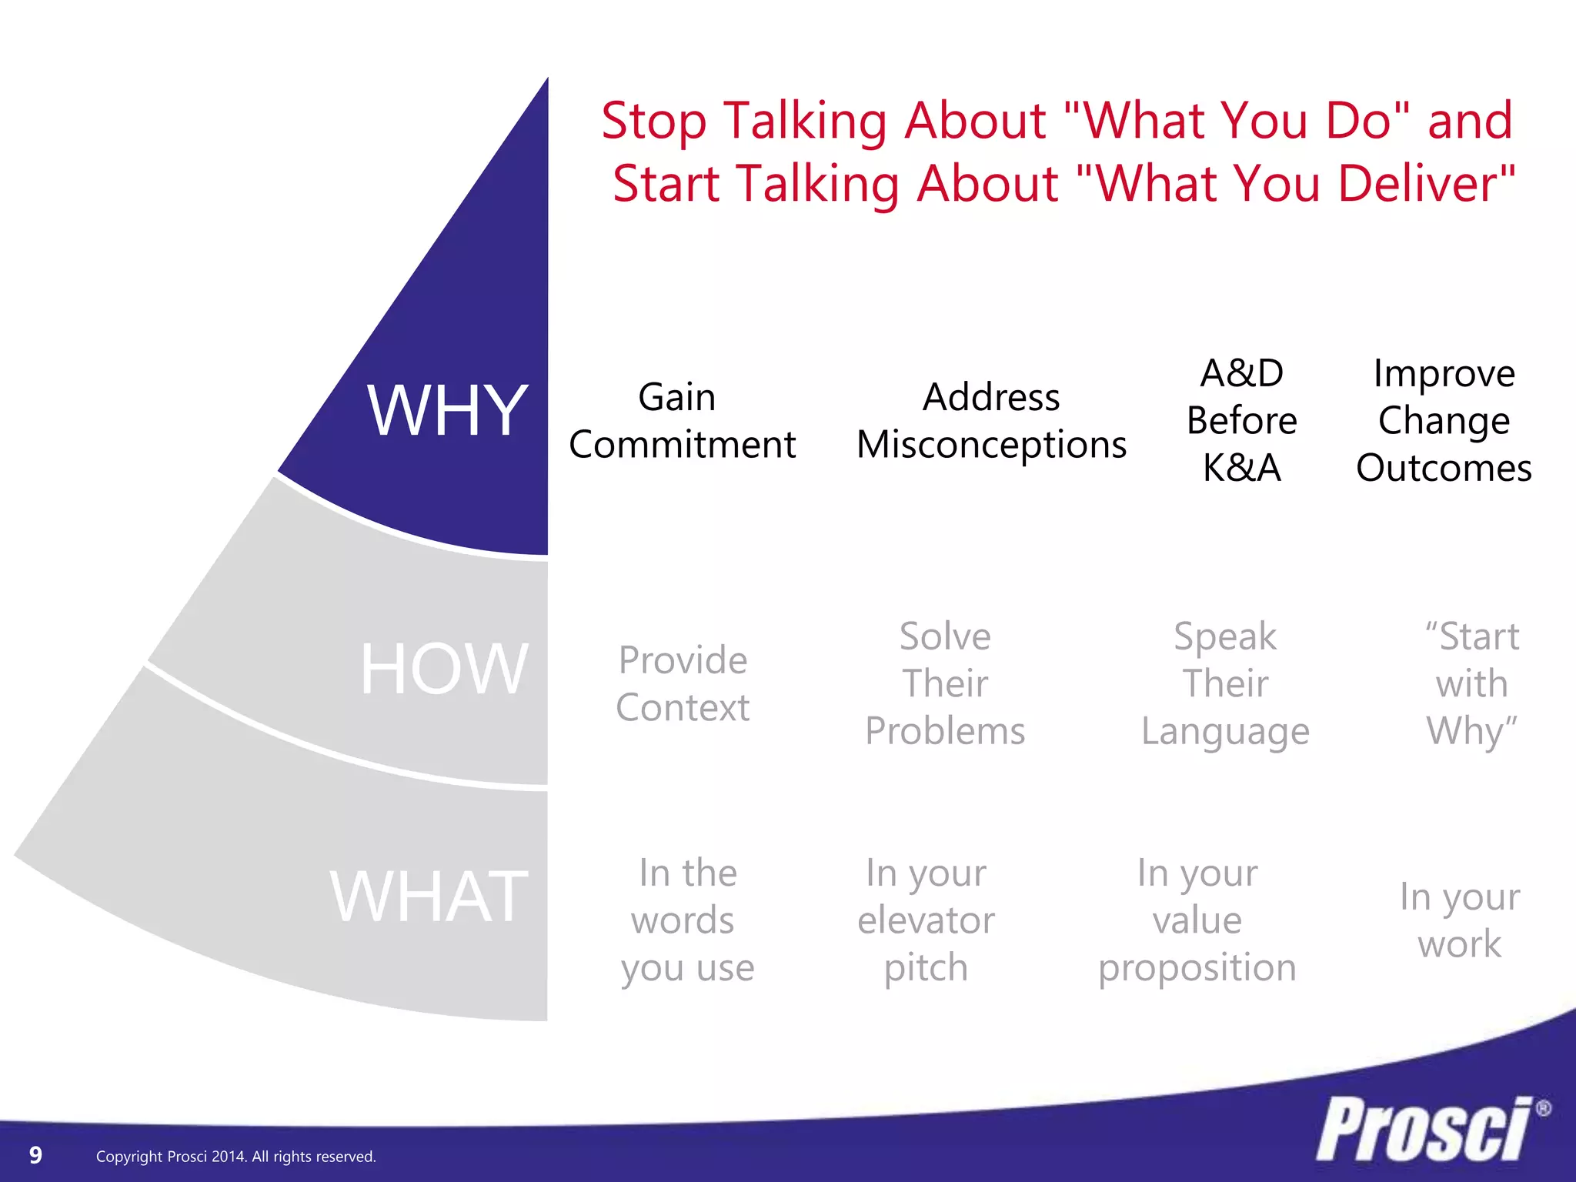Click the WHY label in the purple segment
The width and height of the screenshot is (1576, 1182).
pyautogui.click(x=447, y=411)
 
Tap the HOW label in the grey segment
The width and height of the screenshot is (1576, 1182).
pyautogui.click(x=444, y=669)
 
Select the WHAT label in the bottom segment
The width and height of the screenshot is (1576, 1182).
pyautogui.click(x=429, y=897)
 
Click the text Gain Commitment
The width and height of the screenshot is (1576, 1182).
pyautogui.click(x=681, y=421)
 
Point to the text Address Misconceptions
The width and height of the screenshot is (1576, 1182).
pyautogui.click(x=991, y=421)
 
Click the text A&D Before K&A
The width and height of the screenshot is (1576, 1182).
pyautogui.click(x=1241, y=420)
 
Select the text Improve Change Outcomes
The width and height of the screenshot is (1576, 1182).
pyautogui.click(x=1444, y=420)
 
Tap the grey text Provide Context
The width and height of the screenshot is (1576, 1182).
pyautogui.click(x=683, y=683)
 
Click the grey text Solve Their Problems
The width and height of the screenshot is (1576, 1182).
pyautogui.click(x=945, y=683)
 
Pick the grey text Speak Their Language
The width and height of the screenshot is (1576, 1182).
pyautogui.click(x=1225, y=683)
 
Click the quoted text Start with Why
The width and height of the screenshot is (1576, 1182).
pyautogui.click(x=1471, y=683)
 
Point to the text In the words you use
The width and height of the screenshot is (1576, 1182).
pyautogui.click(x=687, y=920)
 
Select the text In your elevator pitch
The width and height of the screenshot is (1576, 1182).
pyautogui.click(x=926, y=920)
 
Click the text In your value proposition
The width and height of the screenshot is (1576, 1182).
pyautogui.click(x=1197, y=920)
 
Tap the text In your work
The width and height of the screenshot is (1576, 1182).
pyautogui.click(x=1459, y=920)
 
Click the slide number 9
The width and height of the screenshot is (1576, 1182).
pyautogui.click(x=35, y=1155)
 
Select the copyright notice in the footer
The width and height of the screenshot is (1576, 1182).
pyautogui.click(x=235, y=1157)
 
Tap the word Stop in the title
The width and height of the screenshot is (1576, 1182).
pyautogui.click(x=653, y=122)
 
